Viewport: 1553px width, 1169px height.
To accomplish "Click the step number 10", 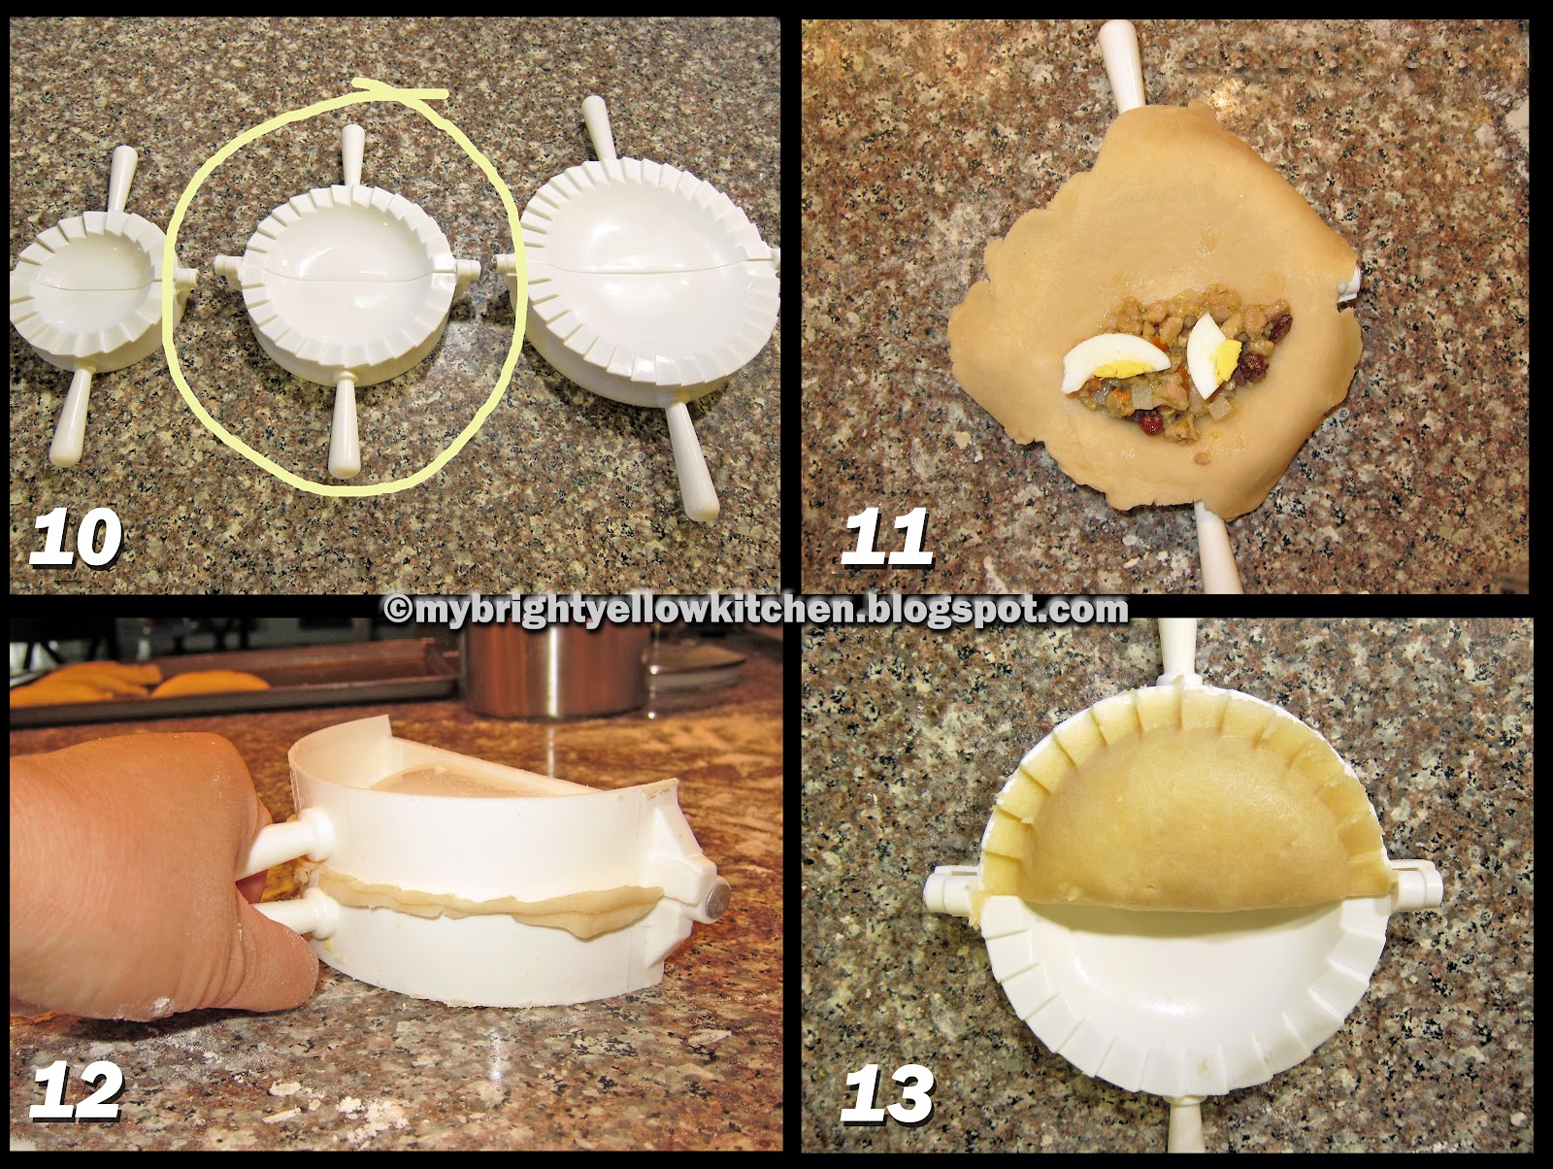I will click(76, 540).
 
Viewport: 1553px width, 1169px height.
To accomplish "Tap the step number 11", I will click(885, 540).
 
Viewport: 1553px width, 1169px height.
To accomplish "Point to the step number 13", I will click(887, 1093).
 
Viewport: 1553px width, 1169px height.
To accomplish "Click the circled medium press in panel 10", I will click(345, 282).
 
